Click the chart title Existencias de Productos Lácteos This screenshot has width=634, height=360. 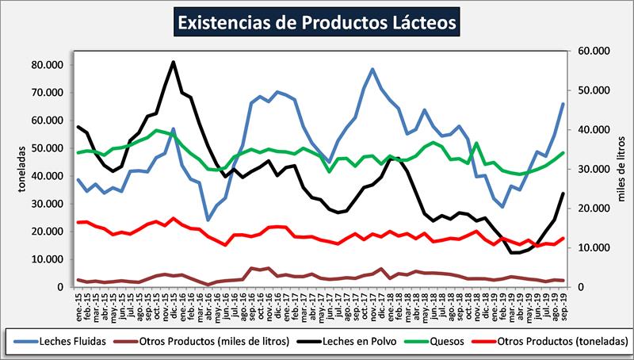[x=316, y=22]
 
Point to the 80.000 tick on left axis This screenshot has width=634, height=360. [x=49, y=64]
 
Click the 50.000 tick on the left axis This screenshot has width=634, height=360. [x=49, y=148]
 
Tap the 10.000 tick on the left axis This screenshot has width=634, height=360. [x=49, y=259]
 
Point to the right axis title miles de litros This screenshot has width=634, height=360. [x=621, y=168]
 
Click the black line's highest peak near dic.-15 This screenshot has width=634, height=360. [x=174, y=62]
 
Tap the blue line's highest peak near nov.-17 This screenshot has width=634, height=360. [x=372, y=69]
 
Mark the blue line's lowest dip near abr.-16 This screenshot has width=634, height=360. [x=208, y=220]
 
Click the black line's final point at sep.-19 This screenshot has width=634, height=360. [x=563, y=193]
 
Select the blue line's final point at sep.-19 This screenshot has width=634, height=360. [x=563, y=104]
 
